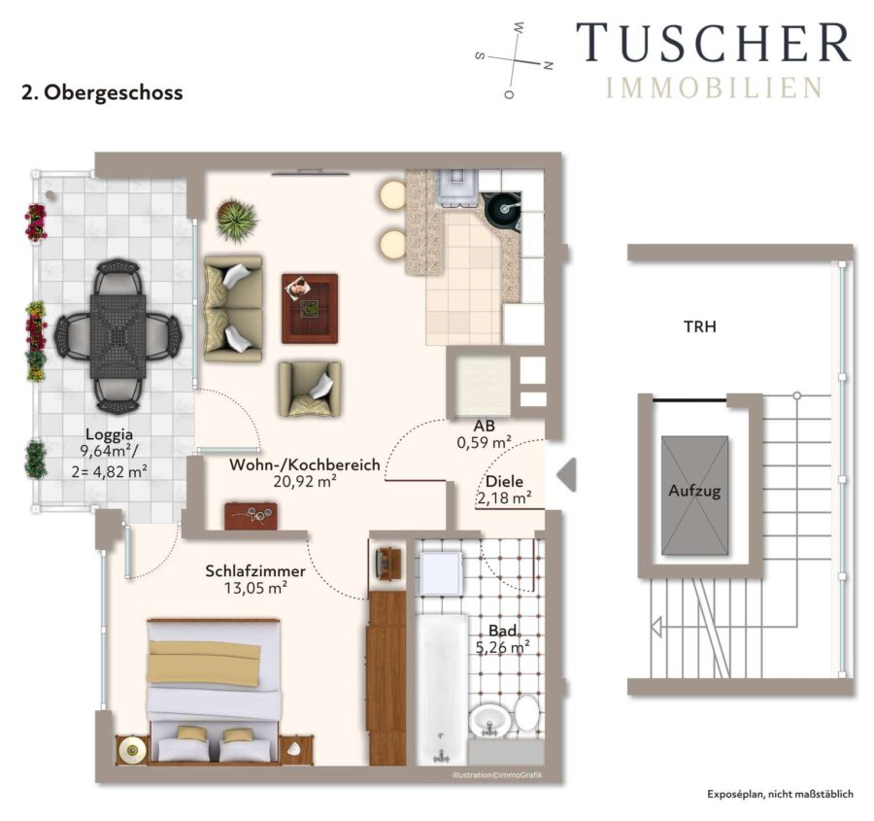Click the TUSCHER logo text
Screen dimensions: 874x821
coord(714,43)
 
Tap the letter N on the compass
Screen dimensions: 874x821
coord(549,65)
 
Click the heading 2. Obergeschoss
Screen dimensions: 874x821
coord(102,92)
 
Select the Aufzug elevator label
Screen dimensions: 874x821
coord(694,492)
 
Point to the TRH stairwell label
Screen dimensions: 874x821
coord(700,326)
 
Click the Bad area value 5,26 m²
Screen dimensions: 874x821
coord(502,647)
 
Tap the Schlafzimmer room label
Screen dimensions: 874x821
coord(255,571)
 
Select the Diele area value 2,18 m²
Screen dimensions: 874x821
coord(504,497)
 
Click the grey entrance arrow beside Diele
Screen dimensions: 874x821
coord(566,475)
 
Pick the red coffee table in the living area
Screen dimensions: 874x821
coord(310,308)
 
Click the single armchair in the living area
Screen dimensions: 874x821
coord(310,389)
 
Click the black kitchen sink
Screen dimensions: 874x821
coord(502,212)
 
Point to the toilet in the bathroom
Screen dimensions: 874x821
coord(525,712)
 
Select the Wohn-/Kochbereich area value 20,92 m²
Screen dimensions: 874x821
coord(304,481)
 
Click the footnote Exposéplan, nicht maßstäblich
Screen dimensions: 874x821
coord(781,794)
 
